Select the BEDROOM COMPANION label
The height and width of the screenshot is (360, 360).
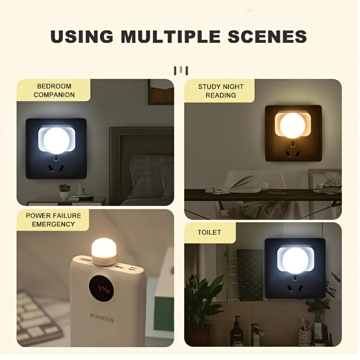(x=54, y=90)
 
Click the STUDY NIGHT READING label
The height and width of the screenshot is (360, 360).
(x=220, y=91)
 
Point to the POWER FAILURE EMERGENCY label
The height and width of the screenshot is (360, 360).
(x=54, y=220)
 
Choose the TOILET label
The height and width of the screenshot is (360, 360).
(x=210, y=233)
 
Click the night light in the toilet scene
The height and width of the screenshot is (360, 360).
(x=295, y=260)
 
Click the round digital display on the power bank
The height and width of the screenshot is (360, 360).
(x=101, y=288)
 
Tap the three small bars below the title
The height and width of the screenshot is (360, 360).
(x=180, y=70)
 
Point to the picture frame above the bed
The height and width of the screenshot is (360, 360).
(x=161, y=92)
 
